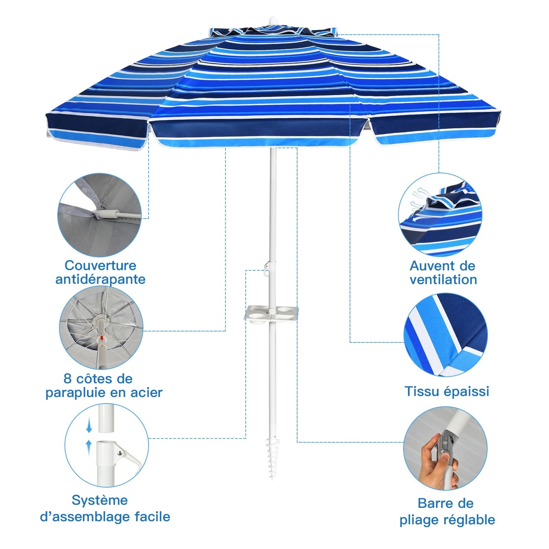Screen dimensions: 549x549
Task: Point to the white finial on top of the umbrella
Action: pyautogui.click(x=273, y=20)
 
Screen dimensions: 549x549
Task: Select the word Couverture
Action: pyautogui.click(x=101, y=265)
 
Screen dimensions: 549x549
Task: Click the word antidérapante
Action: pyautogui.click(x=101, y=279)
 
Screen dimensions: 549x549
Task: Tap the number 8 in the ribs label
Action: pyautogui.click(x=68, y=379)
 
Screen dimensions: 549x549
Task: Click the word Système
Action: pyautogui.click(x=100, y=500)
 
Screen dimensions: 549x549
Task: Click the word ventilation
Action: pyautogui.click(x=443, y=280)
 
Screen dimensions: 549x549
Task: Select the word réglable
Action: pyautogui.click(x=469, y=520)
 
